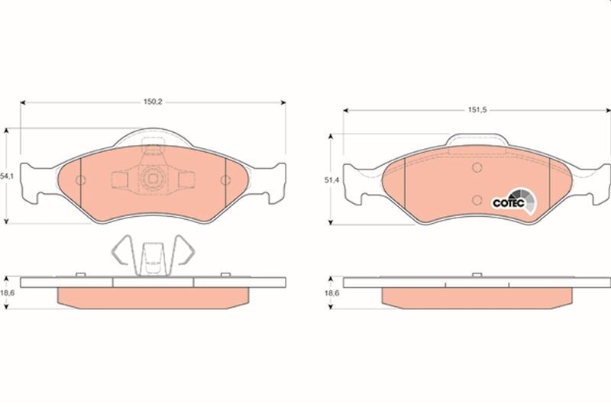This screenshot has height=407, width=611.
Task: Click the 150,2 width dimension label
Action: [x=153, y=98]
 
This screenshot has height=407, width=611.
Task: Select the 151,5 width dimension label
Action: [x=477, y=109]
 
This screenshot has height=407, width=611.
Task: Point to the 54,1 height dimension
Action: [x=7, y=176]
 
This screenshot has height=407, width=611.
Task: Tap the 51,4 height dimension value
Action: [x=331, y=180]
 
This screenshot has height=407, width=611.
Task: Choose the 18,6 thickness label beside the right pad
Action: [x=331, y=292]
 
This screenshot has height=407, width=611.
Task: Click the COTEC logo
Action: [x=509, y=202]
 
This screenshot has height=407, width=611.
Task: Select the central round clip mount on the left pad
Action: [x=153, y=179]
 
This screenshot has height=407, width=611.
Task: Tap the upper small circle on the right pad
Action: [x=476, y=168]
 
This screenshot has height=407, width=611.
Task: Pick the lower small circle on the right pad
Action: [x=476, y=200]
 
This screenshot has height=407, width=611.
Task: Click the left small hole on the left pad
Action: [x=82, y=180]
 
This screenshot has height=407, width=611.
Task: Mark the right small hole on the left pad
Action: [x=225, y=180]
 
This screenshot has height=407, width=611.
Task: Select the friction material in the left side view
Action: [x=153, y=296]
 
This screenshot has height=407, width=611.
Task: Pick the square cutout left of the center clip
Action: [x=121, y=179]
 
